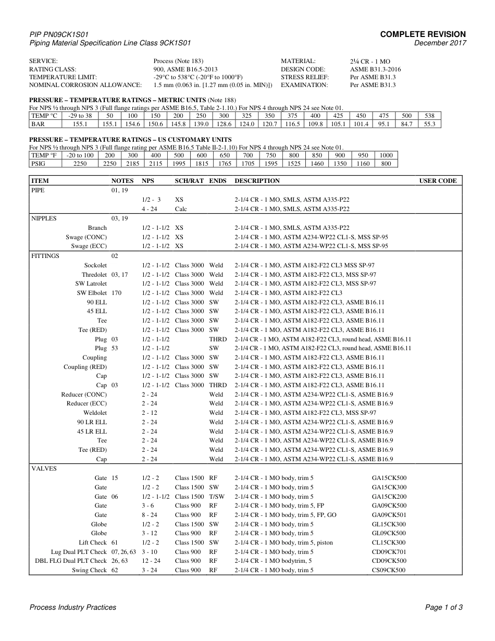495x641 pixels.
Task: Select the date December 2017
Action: [440, 43]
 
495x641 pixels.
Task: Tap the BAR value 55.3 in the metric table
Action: [430, 124]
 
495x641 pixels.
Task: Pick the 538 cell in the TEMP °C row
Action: [430, 116]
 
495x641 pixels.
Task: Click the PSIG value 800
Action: [386, 164]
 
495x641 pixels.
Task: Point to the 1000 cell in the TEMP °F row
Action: [386, 155]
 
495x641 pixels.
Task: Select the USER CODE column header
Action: [438, 181]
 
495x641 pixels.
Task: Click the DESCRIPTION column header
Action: [257, 181]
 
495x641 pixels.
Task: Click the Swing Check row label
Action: [89, 570]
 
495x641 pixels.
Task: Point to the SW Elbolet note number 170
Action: [116, 293]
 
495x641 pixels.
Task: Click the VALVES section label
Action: [44, 469]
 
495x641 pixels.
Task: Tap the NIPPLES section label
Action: [44, 218]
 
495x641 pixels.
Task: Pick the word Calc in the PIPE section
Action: [181, 209]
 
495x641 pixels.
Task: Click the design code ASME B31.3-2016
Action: [375, 69]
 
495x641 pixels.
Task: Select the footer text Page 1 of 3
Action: [444, 607]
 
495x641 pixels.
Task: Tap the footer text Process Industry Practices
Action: [73, 607]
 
